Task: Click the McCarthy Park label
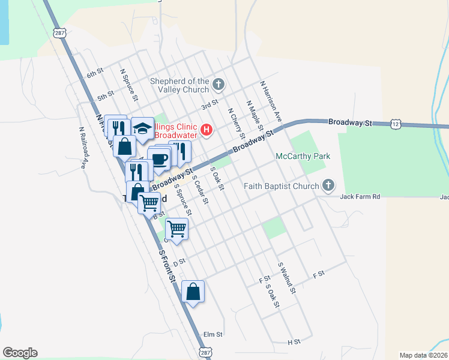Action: pos(303,156)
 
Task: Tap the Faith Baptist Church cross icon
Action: pos(328,185)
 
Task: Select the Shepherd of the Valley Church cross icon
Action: pos(218,85)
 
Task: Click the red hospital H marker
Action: pos(206,130)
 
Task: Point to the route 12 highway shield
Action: pos(394,123)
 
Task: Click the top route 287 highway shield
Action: pos(59,33)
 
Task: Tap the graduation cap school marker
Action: pos(142,128)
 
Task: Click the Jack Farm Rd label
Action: pos(360,197)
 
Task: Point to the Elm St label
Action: pos(213,334)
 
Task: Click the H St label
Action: pos(294,342)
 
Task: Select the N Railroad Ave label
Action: pos(83,147)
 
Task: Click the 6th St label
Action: pos(95,73)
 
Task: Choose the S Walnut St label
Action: pos(287,277)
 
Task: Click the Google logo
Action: pos(20,353)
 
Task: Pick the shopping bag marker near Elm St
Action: pos(193,292)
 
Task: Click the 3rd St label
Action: pos(209,106)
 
